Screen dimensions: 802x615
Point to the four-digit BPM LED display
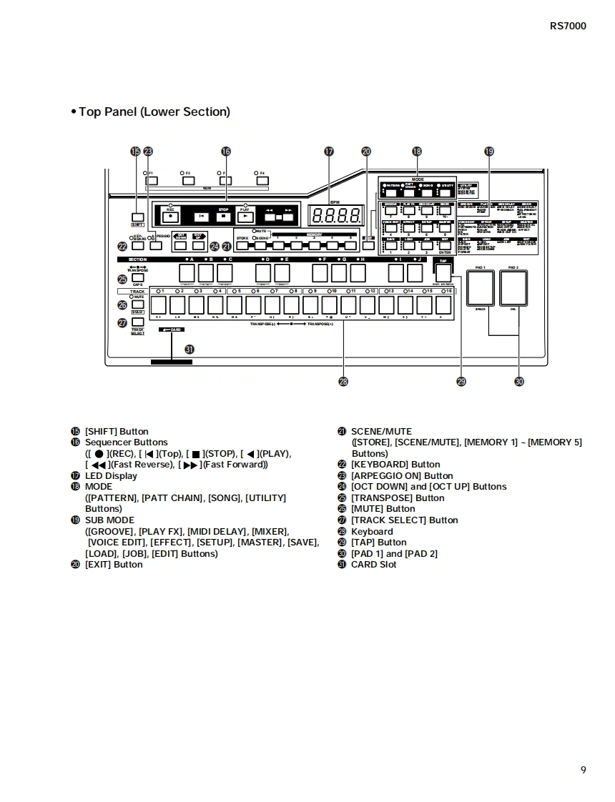click(334, 215)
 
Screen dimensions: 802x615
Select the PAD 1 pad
click(480, 288)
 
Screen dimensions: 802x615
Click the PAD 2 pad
click(513, 288)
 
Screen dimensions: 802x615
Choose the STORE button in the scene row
click(243, 246)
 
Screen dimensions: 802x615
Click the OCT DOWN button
click(180, 246)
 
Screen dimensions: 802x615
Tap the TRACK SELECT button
click(138, 322)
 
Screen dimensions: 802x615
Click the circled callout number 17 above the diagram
click(329, 152)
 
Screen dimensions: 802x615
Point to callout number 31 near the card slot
click(190, 349)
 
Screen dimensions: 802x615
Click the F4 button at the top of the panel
click(262, 180)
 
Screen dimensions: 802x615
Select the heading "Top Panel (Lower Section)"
click(154, 112)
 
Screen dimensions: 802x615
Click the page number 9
click(583, 770)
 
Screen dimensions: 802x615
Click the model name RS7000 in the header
click(568, 26)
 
